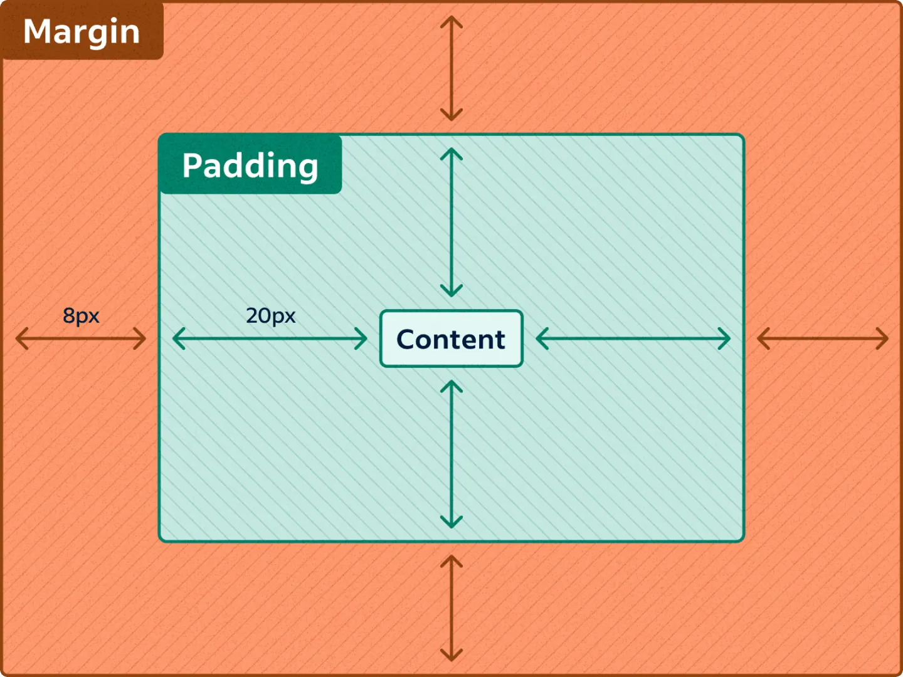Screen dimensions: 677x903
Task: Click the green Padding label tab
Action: (x=250, y=165)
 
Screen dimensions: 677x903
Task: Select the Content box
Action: (x=451, y=338)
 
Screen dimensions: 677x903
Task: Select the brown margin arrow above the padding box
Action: (x=451, y=68)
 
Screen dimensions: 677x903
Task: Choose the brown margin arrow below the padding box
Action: (x=451, y=608)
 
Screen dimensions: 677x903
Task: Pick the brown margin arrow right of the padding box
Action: (x=823, y=338)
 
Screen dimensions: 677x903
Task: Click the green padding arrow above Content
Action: (x=451, y=222)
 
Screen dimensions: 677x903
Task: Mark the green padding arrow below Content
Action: (x=451, y=454)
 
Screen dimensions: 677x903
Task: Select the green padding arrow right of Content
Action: (x=633, y=338)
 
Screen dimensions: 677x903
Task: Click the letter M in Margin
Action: (x=37, y=31)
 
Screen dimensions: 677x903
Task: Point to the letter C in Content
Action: (x=406, y=339)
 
